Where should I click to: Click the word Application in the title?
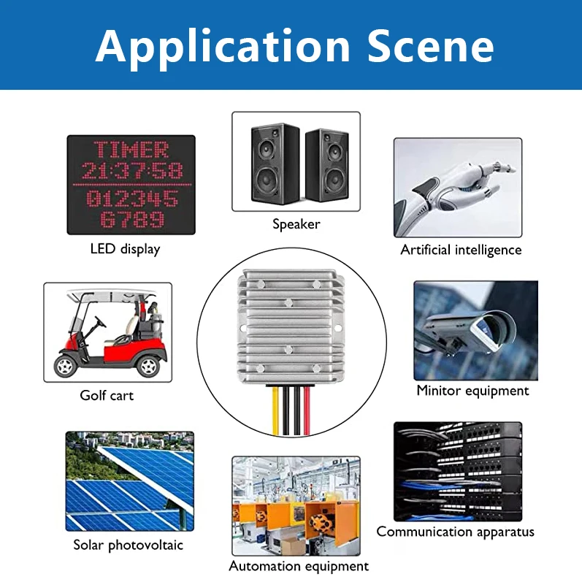click(x=223, y=47)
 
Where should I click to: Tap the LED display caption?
click(x=125, y=249)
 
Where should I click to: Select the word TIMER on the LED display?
click(x=131, y=150)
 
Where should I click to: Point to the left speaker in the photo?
click(x=275, y=164)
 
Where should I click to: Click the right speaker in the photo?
click(x=326, y=166)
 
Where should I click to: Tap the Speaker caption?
click(x=296, y=224)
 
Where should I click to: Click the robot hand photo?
click(x=458, y=188)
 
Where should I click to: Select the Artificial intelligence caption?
click(x=461, y=250)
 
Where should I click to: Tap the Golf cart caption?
click(x=107, y=396)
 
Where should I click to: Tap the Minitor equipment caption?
click(x=472, y=391)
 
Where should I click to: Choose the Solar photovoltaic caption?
click(x=128, y=545)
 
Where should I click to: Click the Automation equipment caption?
click(x=299, y=566)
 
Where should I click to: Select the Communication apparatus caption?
click(x=455, y=532)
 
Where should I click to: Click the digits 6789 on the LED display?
click(x=132, y=219)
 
